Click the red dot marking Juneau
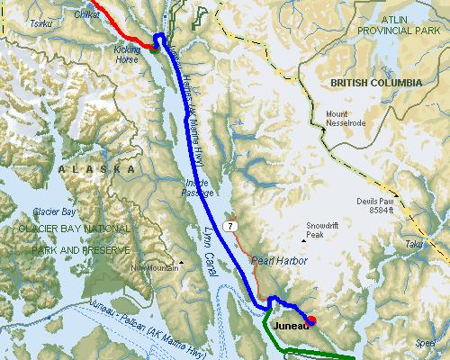pyautogui.click(x=311, y=319)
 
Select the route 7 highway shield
pyautogui.click(x=232, y=223)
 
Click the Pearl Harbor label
pyautogui.click(x=279, y=260)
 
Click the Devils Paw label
pyautogui.click(x=375, y=201)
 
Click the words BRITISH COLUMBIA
pyautogui.click(x=376, y=82)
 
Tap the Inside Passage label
pyautogui.click(x=196, y=187)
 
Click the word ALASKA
pyautogui.click(x=96, y=169)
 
